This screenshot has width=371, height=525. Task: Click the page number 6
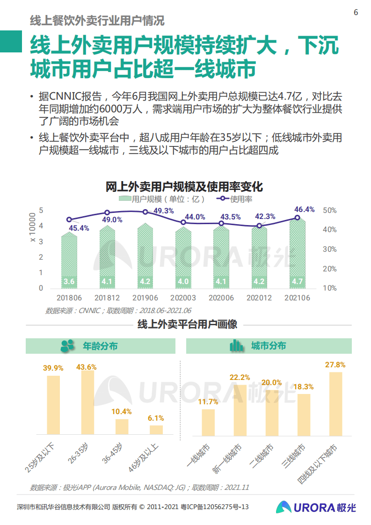pyautogui.click(x=356, y=13)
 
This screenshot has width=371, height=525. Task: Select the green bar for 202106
pyautogui.click(x=297, y=253)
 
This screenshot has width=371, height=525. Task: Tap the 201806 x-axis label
pyautogui.click(x=69, y=298)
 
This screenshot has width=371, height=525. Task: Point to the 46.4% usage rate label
pyautogui.click(x=304, y=209)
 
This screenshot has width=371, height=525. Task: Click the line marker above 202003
pyautogui.click(x=183, y=222)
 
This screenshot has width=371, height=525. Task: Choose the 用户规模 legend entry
pyautogui.click(x=162, y=199)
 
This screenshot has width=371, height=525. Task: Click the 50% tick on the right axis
pyautogui.click(x=329, y=211)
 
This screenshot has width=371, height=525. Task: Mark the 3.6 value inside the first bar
pyautogui.click(x=69, y=281)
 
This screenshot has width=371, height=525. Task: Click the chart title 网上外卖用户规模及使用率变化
pyautogui.click(x=184, y=187)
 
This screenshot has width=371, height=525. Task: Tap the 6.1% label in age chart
pyautogui.click(x=156, y=418)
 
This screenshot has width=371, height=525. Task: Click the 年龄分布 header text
pyautogui.click(x=100, y=346)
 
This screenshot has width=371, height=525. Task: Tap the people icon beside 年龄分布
pyautogui.click(x=68, y=346)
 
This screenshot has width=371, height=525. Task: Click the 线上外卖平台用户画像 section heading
pyautogui.click(x=187, y=324)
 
